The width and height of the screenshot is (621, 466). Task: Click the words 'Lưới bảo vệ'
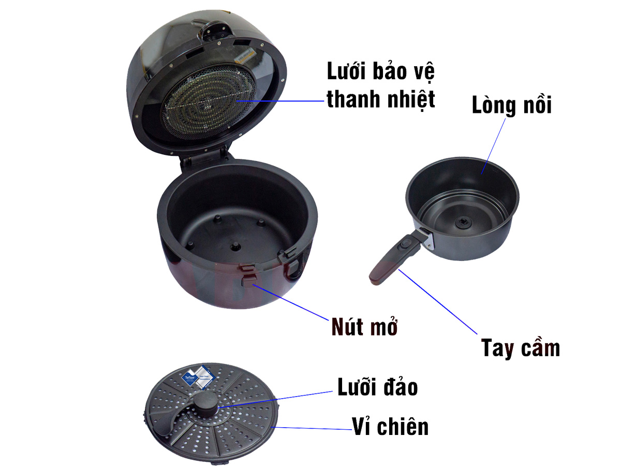380,71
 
